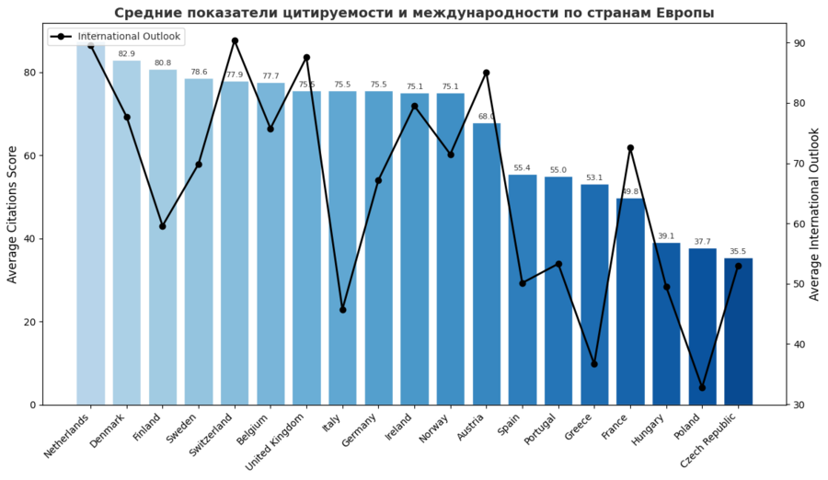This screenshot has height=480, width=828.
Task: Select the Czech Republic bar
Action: click(x=738, y=331)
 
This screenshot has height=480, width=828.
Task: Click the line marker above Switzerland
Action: click(x=235, y=40)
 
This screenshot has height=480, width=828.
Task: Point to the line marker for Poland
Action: click(x=702, y=387)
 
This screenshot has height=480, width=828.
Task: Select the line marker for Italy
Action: click(x=342, y=310)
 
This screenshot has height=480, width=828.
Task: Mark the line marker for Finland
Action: click(x=163, y=225)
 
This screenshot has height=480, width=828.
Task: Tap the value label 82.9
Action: click(x=127, y=54)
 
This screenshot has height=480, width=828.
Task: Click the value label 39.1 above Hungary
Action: click(x=666, y=236)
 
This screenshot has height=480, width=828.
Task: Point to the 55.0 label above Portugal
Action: click(x=558, y=170)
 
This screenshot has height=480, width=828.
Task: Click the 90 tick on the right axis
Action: click(x=799, y=43)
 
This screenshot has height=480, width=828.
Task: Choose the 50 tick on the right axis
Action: click(x=799, y=284)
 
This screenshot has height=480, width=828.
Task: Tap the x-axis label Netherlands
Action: click(x=69, y=436)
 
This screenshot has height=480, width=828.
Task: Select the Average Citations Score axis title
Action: click(x=12, y=214)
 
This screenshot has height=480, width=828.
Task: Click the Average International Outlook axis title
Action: click(x=815, y=214)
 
